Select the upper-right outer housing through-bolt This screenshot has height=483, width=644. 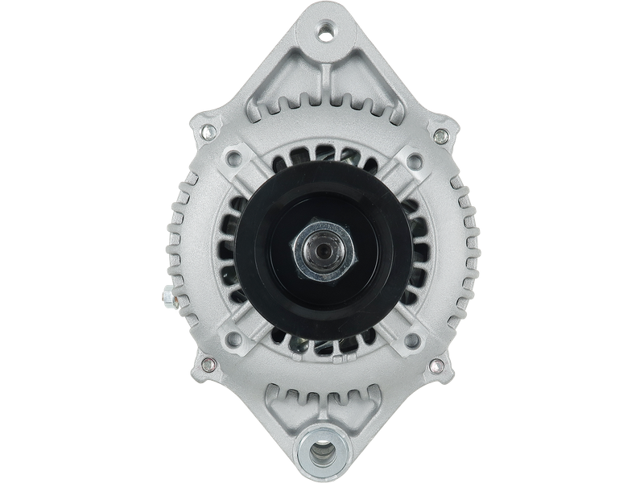pos(440,133)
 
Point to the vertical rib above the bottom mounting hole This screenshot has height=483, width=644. pos(322,407)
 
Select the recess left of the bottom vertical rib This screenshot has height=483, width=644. pos(291,411)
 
